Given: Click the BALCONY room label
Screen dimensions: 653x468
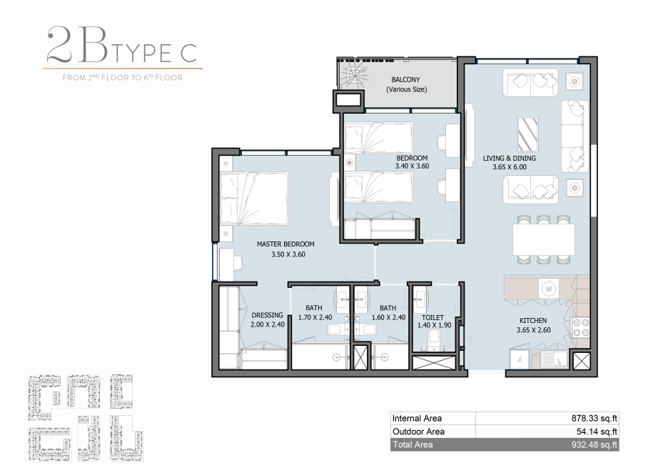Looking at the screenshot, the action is pos(405,80).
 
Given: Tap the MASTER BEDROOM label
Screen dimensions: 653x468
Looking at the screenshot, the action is pos(285,244).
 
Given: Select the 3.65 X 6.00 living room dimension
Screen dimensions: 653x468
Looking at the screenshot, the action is pos(510,167).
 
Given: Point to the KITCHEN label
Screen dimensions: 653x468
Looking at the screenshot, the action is pos(532,320).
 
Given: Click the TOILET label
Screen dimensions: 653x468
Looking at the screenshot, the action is pos(432,317).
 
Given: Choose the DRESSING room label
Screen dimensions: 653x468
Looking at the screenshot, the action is pos(267,315).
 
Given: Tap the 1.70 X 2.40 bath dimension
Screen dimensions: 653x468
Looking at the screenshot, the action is pos(315,317).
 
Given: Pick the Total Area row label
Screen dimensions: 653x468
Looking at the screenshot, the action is pos(412,444).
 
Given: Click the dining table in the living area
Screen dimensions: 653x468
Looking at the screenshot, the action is pos(544,239).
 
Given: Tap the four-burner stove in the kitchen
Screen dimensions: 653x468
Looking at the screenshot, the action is pos(579,327).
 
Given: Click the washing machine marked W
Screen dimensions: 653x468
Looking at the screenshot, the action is pos(549,288).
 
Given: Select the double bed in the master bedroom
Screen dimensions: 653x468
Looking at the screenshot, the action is pos(253,199).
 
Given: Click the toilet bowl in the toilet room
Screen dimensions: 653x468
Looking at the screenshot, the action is pos(433,340).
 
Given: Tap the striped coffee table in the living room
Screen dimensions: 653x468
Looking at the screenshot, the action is pos(527,134).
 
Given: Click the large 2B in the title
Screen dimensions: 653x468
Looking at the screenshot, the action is pos(78,44).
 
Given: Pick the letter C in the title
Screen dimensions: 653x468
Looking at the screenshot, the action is pos(188,53).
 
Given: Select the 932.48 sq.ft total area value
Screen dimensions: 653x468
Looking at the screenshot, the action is pos(594,444).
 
